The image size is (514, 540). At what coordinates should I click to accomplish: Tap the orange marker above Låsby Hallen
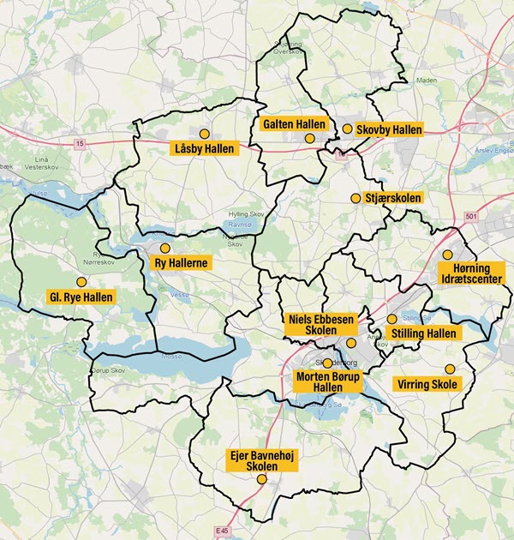(x=204, y=134)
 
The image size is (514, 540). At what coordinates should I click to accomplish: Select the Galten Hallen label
(x=294, y=124)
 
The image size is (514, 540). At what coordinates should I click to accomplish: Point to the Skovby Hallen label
(x=390, y=129)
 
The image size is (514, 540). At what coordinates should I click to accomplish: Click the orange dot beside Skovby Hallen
(x=347, y=129)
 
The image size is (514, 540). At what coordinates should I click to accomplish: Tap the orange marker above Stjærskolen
(x=356, y=198)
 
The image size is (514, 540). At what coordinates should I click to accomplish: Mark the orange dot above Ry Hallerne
(x=165, y=248)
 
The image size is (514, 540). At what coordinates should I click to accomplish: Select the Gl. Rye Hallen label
(x=81, y=297)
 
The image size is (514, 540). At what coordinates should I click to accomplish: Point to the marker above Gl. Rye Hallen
(x=81, y=281)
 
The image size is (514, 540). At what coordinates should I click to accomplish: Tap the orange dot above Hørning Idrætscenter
(x=447, y=255)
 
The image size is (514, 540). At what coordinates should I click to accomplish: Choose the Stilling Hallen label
(x=424, y=333)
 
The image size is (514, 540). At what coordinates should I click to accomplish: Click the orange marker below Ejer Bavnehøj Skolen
(x=261, y=480)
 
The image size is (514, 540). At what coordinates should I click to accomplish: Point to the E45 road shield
(x=224, y=531)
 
